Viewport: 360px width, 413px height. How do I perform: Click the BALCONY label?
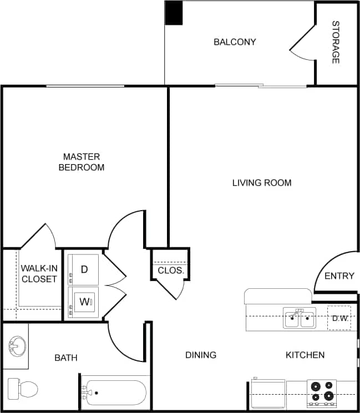(x=235, y=42)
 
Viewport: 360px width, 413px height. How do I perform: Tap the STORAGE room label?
(x=336, y=42)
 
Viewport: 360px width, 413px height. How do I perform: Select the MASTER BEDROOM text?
(x=82, y=162)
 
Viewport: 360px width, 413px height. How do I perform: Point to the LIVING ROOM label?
(x=261, y=182)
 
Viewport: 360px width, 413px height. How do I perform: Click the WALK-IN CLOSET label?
(x=39, y=274)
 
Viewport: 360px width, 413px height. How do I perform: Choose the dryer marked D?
(x=84, y=269)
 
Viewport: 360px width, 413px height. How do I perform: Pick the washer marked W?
(x=84, y=302)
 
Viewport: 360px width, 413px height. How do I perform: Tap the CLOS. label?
(x=170, y=271)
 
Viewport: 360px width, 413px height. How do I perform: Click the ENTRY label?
(x=339, y=276)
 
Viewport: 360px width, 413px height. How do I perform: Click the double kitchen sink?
(x=300, y=319)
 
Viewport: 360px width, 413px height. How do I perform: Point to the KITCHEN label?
(x=305, y=355)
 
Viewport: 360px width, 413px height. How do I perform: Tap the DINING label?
(x=201, y=355)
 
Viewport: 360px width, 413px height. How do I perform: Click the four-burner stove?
(x=322, y=391)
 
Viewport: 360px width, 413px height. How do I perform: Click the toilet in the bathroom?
(x=22, y=387)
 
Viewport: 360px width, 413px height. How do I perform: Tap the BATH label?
(x=65, y=358)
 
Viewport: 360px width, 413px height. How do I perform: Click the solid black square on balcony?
(x=174, y=13)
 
